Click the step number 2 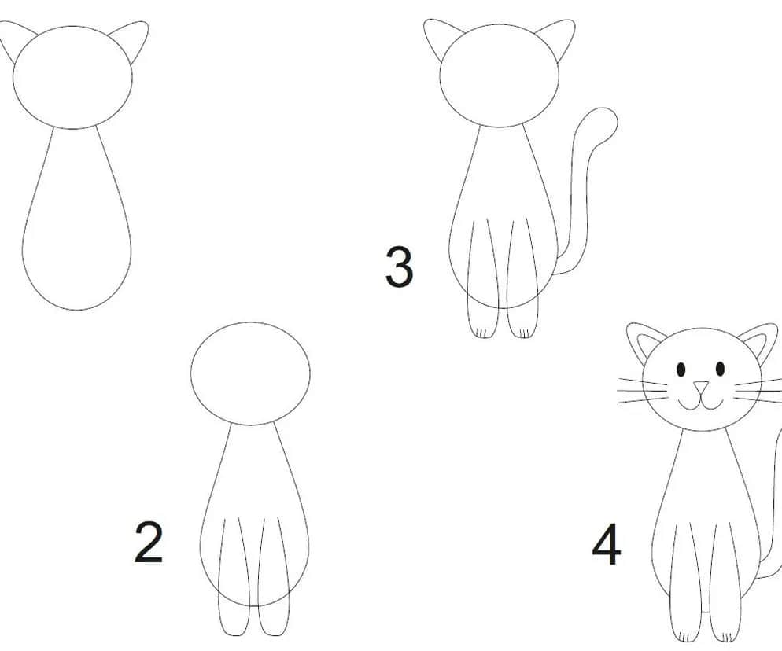(x=149, y=542)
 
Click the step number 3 (x=400, y=267)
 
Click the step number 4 (x=607, y=544)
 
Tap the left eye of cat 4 (x=681, y=370)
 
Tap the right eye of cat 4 (x=720, y=369)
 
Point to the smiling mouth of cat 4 (x=700, y=403)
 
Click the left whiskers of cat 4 (x=642, y=391)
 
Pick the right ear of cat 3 (x=558, y=38)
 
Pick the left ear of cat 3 (x=439, y=38)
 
